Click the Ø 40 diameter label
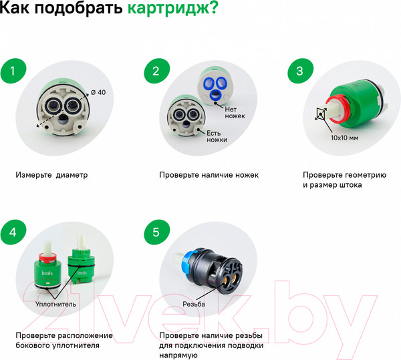(x=98, y=92)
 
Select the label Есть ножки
(x=217, y=136)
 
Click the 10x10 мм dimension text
(x=344, y=137)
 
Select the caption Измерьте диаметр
(x=51, y=175)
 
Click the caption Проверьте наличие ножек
(x=209, y=175)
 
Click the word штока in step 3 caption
(x=348, y=185)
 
